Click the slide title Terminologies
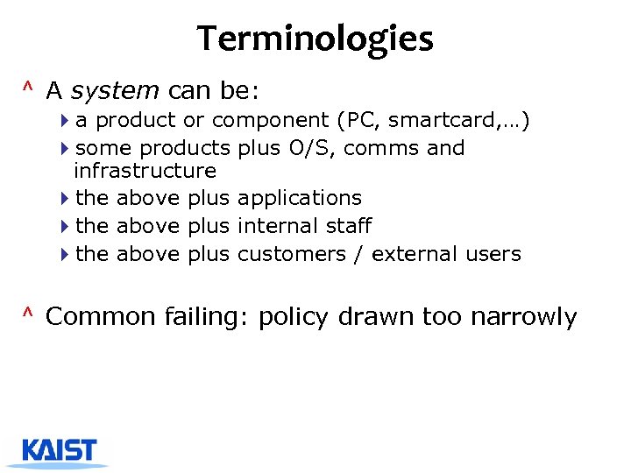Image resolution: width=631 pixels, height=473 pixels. click(x=315, y=39)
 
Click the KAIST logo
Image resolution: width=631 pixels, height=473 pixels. click(x=60, y=451)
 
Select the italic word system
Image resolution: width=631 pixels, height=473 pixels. click(x=114, y=89)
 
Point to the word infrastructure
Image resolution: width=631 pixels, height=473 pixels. click(x=145, y=170)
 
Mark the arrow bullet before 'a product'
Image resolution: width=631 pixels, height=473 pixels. click(x=67, y=120)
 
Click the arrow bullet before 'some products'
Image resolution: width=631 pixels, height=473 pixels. click(x=67, y=148)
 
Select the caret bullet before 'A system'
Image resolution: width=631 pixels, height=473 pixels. click(x=29, y=88)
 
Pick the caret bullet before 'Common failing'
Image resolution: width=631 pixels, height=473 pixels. click(x=29, y=314)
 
